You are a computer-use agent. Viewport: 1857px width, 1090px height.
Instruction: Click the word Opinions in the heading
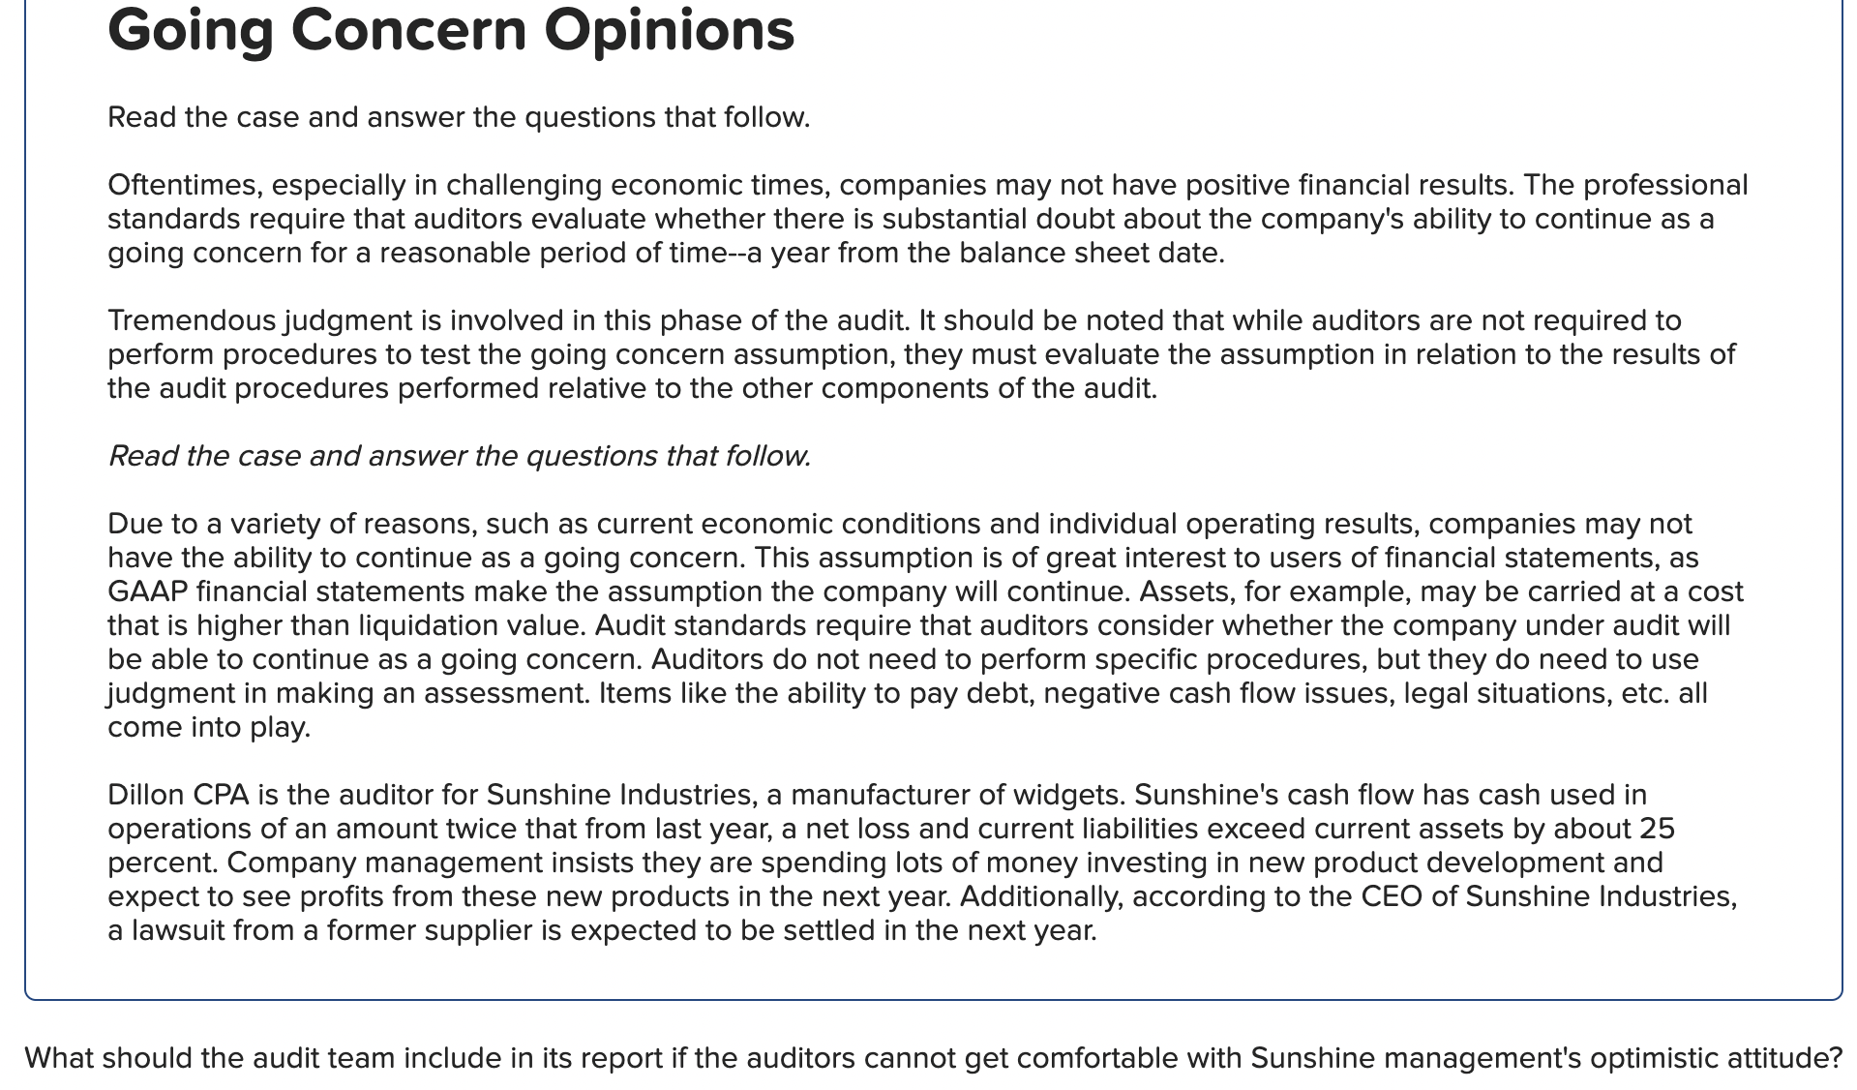tap(669, 31)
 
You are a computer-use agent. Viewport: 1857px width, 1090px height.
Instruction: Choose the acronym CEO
tap(1392, 896)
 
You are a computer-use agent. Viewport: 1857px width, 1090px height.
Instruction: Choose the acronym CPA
tap(221, 795)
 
